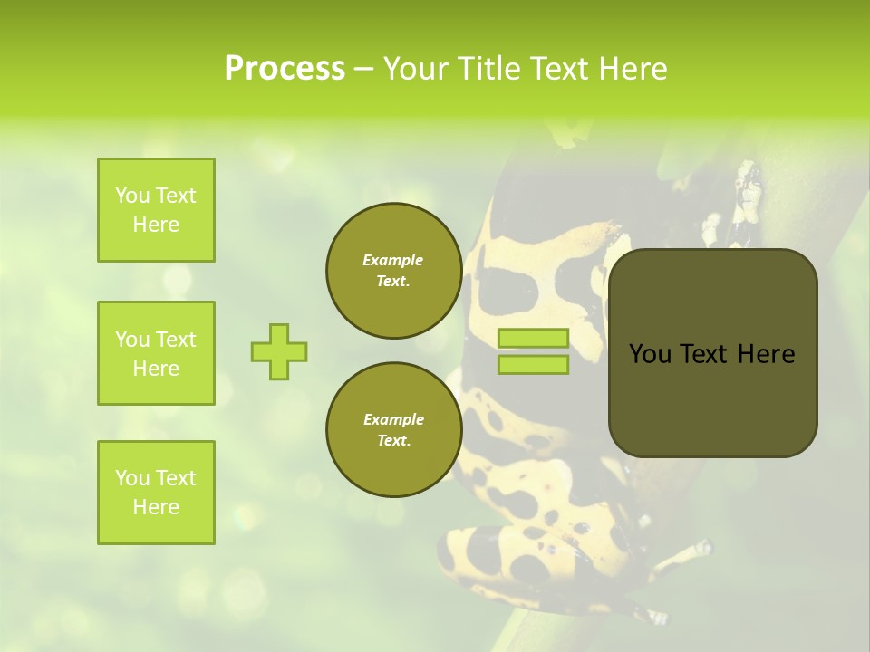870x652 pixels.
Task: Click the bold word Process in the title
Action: [x=285, y=68]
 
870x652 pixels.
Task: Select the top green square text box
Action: [x=156, y=210]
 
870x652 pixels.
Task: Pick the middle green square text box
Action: [x=156, y=353]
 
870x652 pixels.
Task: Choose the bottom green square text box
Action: [x=156, y=493]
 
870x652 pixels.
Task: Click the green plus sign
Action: [x=279, y=351]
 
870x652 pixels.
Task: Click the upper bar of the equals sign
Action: [x=533, y=339]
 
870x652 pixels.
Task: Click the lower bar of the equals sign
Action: [x=533, y=364]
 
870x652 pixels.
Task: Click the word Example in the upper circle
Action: [x=393, y=260]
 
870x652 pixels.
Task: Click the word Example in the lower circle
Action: [x=393, y=419]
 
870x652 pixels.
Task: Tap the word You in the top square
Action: [x=132, y=196]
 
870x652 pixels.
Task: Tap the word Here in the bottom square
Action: [x=156, y=507]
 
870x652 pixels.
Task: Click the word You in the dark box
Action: [x=649, y=354]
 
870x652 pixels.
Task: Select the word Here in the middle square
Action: [x=156, y=369]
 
